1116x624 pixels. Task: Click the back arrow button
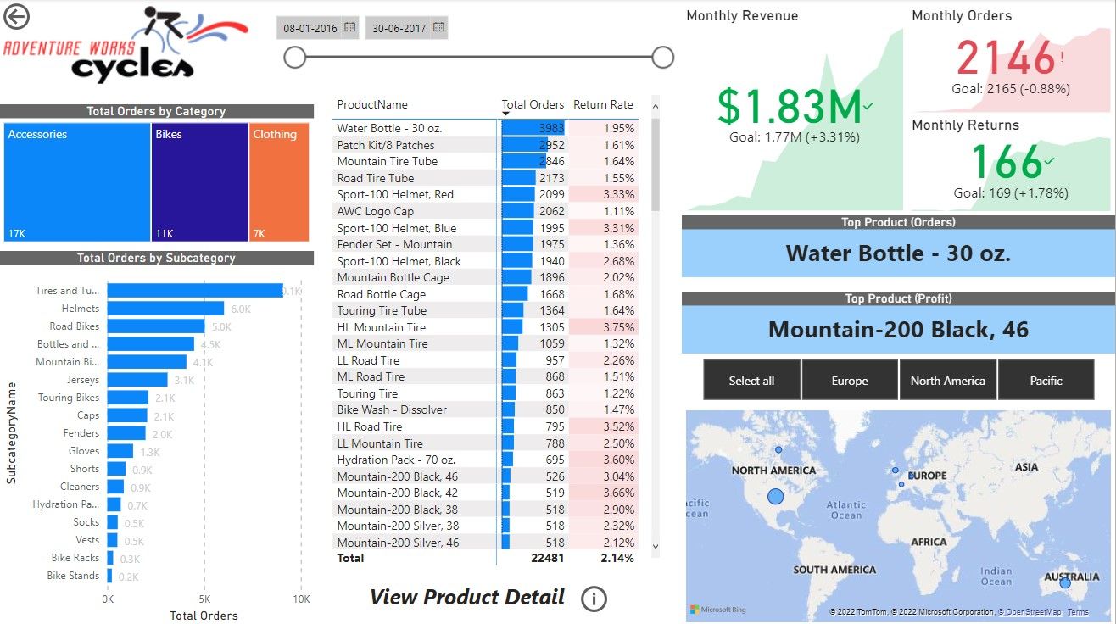coord(16,16)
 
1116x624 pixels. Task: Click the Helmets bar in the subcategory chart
coord(165,309)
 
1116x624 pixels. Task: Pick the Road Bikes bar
coord(156,326)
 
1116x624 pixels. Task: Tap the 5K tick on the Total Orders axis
coord(204,599)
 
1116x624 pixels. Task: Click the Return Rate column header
coord(603,104)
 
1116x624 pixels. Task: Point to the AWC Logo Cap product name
coord(375,211)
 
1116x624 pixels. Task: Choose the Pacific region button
coord(1046,381)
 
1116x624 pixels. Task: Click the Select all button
coord(751,381)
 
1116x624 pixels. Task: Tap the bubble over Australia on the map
coord(1065,583)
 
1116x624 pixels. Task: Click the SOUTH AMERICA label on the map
coord(834,570)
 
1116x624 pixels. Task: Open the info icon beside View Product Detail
coord(594,599)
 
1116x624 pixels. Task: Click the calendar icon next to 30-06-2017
coord(438,28)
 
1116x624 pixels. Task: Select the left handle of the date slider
coord(294,57)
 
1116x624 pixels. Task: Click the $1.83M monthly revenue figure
coord(790,106)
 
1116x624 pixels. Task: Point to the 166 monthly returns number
coord(1007,161)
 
